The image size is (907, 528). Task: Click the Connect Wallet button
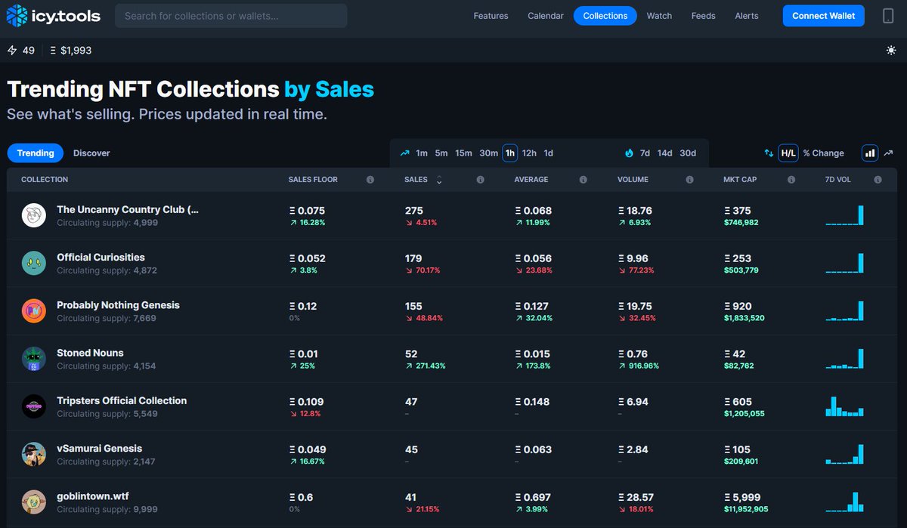(x=823, y=16)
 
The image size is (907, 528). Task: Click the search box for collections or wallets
(x=231, y=16)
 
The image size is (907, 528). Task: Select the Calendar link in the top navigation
(x=545, y=16)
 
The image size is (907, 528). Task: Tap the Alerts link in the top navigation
(x=746, y=16)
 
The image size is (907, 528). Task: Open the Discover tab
(x=91, y=153)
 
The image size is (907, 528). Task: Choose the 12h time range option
(x=529, y=153)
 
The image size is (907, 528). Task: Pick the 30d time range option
(x=688, y=153)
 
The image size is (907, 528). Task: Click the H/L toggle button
(x=788, y=153)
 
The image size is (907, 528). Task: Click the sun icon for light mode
(x=891, y=51)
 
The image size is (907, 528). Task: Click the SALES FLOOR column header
(x=313, y=180)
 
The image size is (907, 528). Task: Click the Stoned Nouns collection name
(x=90, y=353)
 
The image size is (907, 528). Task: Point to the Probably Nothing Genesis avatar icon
(x=34, y=311)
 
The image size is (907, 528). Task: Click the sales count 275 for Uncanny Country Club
(x=414, y=211)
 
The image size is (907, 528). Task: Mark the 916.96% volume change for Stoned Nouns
(x=639, y=366)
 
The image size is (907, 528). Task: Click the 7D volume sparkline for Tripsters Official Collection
(x=844, y=406)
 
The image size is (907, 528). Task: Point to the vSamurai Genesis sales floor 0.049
(x=311, y=449)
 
